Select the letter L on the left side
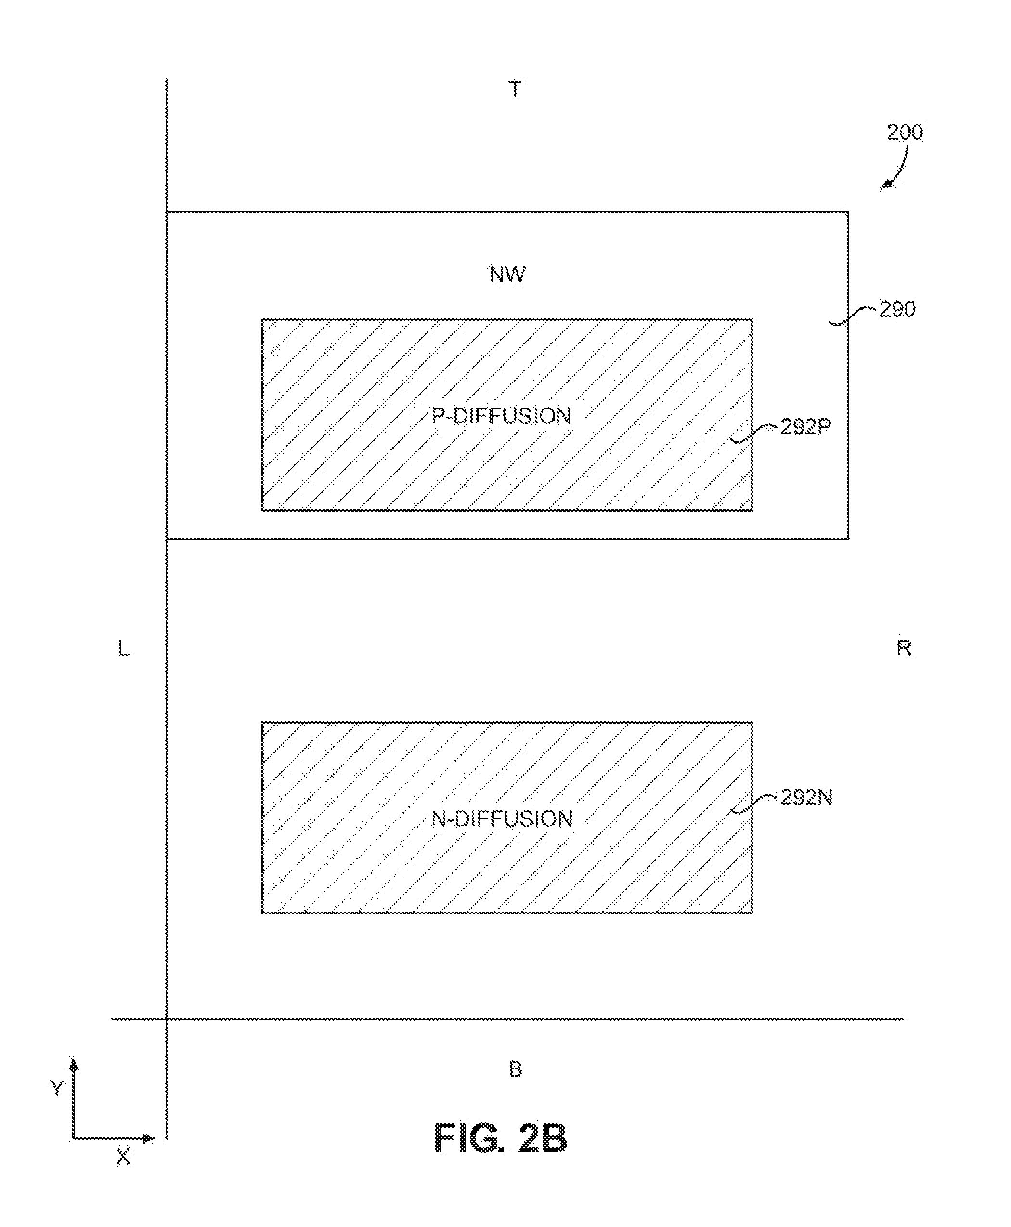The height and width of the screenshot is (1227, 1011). tap(123, 648)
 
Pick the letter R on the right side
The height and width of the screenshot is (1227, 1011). tap(903, 648)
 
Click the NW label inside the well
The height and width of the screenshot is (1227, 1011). tap(507, 275)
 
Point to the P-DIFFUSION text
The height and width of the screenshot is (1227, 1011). tap(502, 416)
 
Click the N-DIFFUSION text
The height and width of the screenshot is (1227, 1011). tap(502, 819)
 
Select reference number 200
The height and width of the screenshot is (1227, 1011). tap(905, 132)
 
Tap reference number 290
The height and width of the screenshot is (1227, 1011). tap(897, 309)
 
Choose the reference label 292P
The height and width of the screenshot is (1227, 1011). tap(805, 427)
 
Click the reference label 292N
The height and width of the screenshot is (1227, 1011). tap(806, 797)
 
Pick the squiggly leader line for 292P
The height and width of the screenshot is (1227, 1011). tap(755, 434)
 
